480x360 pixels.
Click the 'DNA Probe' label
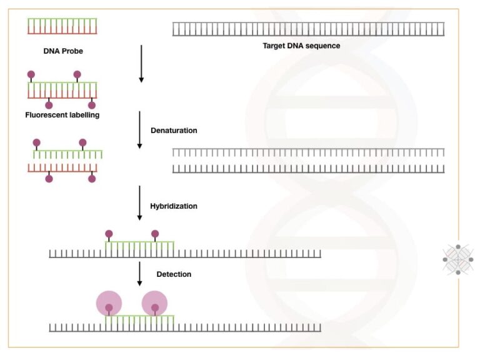click(x=62, y=51)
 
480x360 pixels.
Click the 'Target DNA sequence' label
click(x=301, y=46)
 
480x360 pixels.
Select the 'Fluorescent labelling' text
click(x=62, y=115)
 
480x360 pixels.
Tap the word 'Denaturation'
click(x=174, y=131)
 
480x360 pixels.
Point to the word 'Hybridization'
click(x=174, y=206)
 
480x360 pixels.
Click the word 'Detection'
click(x=174, y=274)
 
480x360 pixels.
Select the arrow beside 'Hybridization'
click(x=140, y=203)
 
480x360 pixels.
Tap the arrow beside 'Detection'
click(x=140, y=272)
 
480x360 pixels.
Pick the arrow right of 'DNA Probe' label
click(x=141, y=64)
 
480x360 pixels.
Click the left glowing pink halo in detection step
click(x=109, y=304)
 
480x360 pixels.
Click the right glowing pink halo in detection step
click(x=155, y=304)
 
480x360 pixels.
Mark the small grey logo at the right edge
click(x=457, y=259)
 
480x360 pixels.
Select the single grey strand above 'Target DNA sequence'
click(x=309, y=29)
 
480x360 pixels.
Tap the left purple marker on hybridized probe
click(x=109, y=234)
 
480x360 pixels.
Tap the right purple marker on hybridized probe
click(x=155, y=234)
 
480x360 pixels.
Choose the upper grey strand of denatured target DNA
click(x=309, y=152)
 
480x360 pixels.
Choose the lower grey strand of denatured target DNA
click(x=309, y=168)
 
